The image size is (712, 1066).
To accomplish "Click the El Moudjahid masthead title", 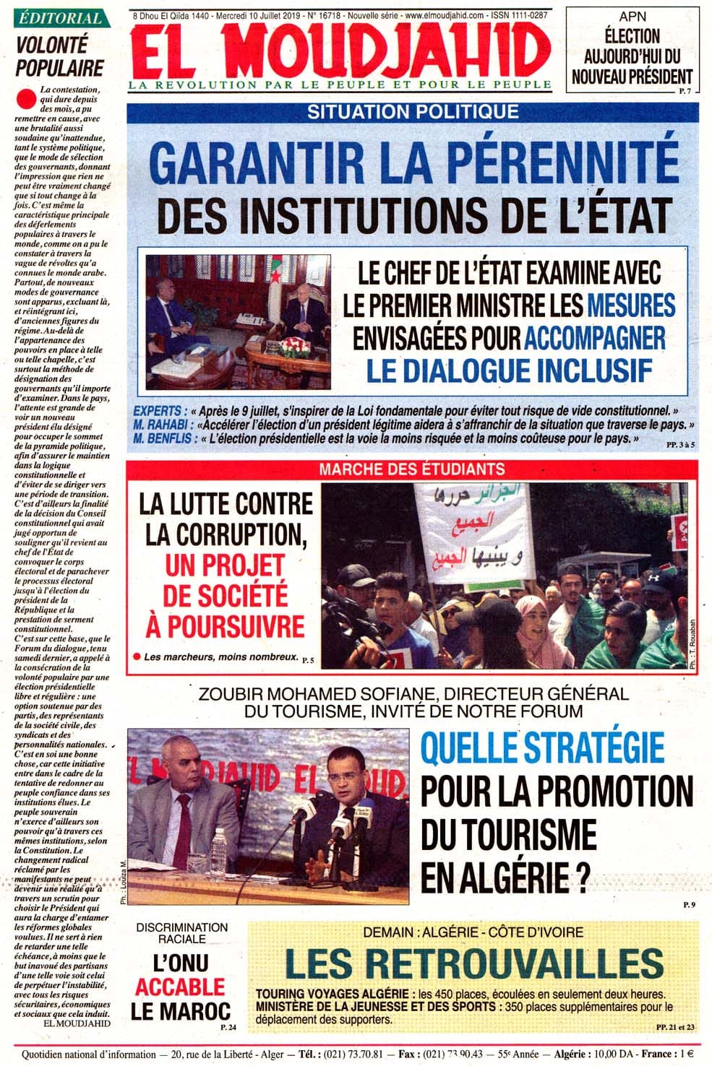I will pos(340,50).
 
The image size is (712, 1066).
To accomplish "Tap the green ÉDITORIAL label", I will pos(60,18).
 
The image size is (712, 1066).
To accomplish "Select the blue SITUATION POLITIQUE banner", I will pos(413,112).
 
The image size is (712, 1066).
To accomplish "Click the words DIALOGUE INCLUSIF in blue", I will pos(509,370).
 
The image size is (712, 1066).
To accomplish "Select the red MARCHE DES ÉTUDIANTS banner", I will pos(412,469).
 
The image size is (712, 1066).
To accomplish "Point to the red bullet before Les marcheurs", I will pos(135,656).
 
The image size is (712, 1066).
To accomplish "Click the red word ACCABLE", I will pos(180,987).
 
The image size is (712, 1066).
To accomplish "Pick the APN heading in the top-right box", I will pos(632,16).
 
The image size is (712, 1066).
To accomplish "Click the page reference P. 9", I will pos(687,905).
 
